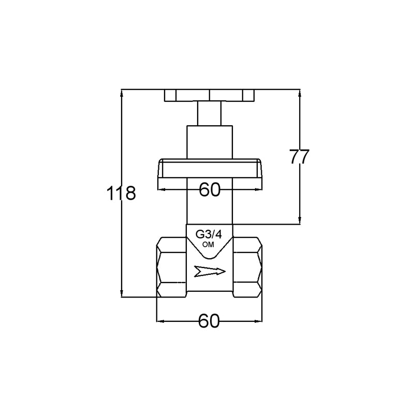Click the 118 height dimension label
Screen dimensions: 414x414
pos(121,193)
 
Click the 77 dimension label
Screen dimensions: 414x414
pos(299,157)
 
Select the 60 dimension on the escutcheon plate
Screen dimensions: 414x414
pos(210,189)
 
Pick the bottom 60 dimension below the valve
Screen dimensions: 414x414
pos(209,321)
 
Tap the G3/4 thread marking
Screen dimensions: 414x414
pos(209,234)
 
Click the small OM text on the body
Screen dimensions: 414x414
pos(209,245)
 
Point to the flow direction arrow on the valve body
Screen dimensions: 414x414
pos(210,271)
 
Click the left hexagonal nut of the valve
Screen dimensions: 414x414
pos(172,267)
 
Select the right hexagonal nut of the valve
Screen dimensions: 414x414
pos(247,267)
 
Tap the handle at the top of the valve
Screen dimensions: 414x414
pos(209,95)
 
